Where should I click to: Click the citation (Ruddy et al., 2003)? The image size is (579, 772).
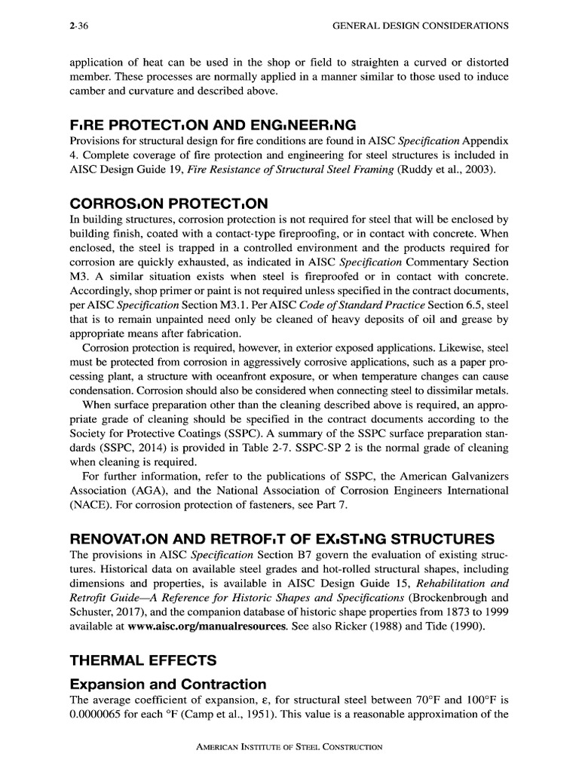pyautogui.click(x=448, y=171)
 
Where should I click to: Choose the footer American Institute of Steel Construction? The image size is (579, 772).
pyautogui.click(x=289, y=748)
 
